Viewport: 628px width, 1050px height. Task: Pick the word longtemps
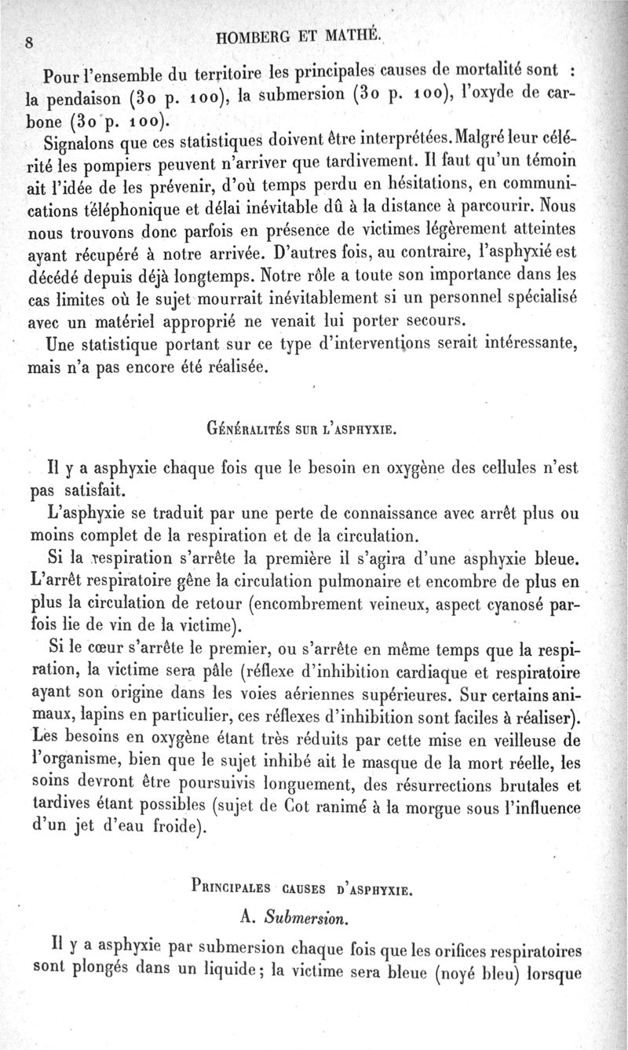(226, 277)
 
